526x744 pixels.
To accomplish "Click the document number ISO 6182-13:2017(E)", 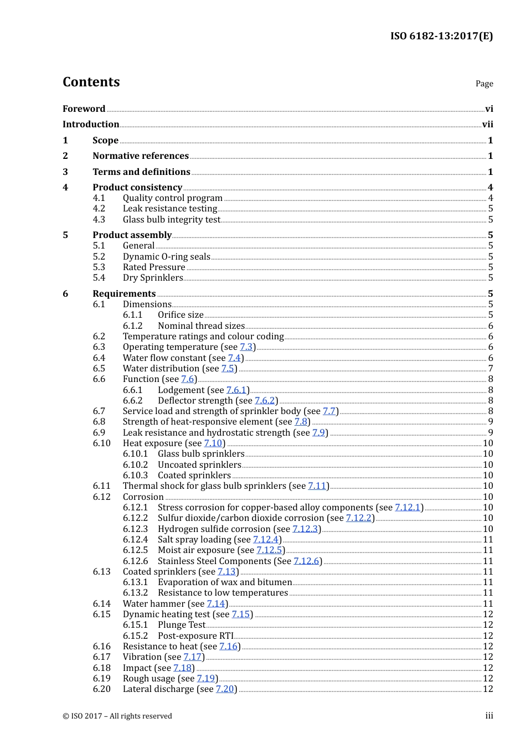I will (441, 36).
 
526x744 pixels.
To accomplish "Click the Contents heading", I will (91, 82).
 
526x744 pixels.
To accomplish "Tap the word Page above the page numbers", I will (484, 84).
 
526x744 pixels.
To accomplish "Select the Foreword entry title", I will (84, 109).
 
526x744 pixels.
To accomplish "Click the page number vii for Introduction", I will (487, 125).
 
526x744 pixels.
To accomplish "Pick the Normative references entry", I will (141, 156).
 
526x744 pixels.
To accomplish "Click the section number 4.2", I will (99, 209).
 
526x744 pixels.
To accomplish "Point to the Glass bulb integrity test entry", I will (171, 220).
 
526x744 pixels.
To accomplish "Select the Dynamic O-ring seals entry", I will (166, 257).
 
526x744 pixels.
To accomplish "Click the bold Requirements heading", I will (124, 294).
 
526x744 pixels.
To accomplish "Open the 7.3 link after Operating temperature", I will (246, 347).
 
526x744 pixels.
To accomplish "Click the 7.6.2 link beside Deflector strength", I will (265, 401).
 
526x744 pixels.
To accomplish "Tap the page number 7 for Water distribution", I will (491, 369).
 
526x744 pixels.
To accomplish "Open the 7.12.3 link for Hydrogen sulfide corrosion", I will (305, 529).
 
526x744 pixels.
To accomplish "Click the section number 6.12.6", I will (135, 561).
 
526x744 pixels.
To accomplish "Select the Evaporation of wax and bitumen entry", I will (224, 582).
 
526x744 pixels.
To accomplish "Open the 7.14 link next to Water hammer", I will (216, 604).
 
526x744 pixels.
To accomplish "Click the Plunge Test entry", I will (181, 625).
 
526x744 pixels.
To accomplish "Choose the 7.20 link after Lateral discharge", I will (225, 689).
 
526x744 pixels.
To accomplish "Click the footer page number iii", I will (489, 716).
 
